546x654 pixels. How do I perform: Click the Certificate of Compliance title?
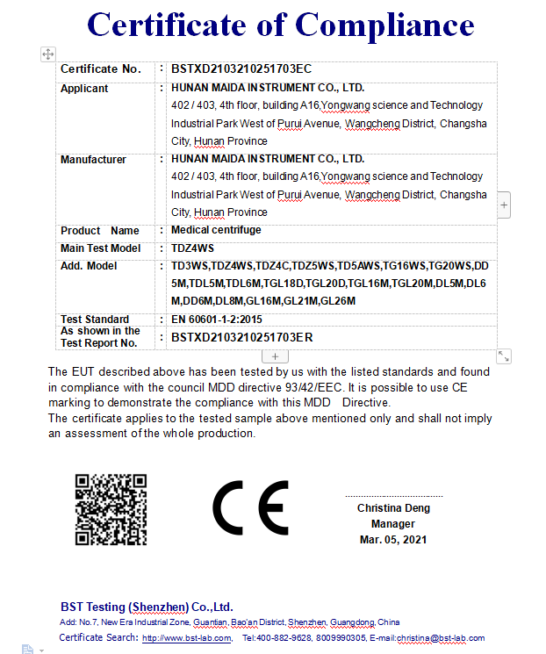(x=280, y=25)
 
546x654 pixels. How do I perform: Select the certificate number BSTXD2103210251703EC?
(x=241, y=68)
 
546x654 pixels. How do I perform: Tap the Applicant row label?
(x=84, y=89)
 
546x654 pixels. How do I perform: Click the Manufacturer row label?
(x=93, y=160)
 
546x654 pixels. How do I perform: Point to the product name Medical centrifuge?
(x=216, y=230)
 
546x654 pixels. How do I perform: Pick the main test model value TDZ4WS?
(x=193, y=248)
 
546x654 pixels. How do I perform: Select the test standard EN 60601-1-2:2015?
(x=217, y=320)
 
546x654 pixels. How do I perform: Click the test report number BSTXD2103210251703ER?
(x=242, y=337)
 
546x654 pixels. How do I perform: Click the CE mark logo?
(x=250, y=508)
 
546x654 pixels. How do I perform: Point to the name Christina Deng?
(x=392, y=508)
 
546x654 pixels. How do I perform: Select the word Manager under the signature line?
(x=392, y=524)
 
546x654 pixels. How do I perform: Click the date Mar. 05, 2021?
(x=393, y=540)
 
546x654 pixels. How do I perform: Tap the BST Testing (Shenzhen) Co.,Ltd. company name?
(x=147, y=607)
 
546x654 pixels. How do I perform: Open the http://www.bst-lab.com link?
(x=186, y=638)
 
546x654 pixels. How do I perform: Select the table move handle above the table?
(x=48, y=54)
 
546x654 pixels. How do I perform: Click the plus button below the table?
(x=275, y=356)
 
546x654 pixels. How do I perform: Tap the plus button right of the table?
(x=504, y=205)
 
